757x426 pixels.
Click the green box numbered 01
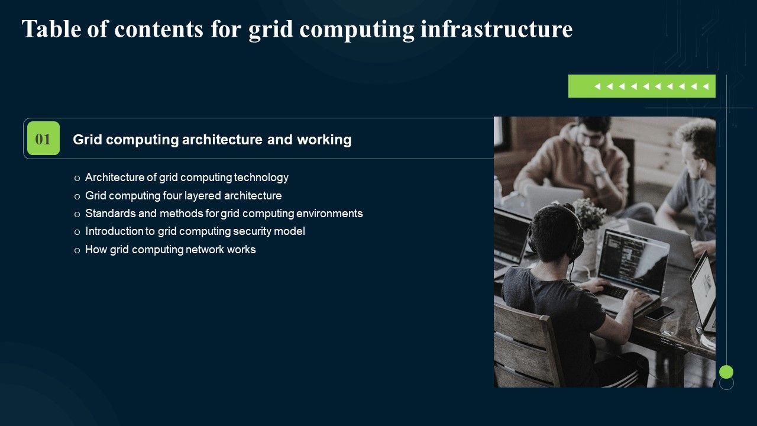click(x=43, y=138)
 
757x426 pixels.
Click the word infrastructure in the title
click(x=496, y=28)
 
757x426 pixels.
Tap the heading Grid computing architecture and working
click(x=212, y=140)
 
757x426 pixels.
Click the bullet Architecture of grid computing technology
click(x=186, y=177)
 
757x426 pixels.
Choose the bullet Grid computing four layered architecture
click(x=183, y=195)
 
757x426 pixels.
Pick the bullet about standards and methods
click(x=224, y=213)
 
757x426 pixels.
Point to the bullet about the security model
click(x=195, y=231)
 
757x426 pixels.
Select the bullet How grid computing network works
click(x=170, y=249)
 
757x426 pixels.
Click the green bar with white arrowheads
click(x=642, y=86)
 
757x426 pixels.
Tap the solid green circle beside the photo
click(x=726, y=372)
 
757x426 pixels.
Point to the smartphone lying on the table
click(x=659, y=312)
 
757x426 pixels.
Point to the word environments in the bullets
click(x=329, y=213)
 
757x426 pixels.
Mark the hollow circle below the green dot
click(x=726, y=383)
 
